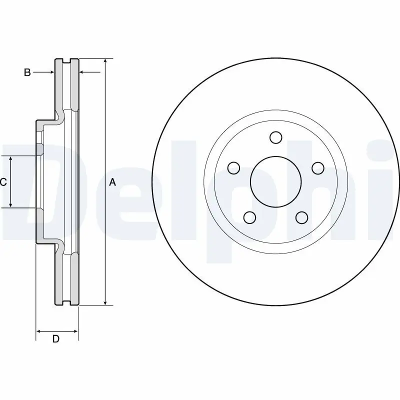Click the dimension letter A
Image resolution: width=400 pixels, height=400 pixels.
[x=112, y=182]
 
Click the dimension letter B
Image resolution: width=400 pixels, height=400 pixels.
[x=27, y=72]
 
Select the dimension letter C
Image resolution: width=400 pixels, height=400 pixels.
[x=3, y=182]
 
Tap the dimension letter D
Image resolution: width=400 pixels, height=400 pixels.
[x=56, y=339]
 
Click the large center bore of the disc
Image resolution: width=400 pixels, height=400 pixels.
[x=275, y=181]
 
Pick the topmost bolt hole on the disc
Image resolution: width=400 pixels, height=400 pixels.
[x=275, y=137]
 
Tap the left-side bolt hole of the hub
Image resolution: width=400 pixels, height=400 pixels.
[x=233, y=167]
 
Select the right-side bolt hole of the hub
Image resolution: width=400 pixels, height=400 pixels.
[x=317, y=167]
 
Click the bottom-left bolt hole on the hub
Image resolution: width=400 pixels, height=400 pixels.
[x=249, y=217]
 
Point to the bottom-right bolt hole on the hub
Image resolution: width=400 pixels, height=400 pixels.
[x=301, y=217]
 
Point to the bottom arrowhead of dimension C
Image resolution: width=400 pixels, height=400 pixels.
[x=11, y=204]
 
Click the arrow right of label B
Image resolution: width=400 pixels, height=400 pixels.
[x=51, y=72]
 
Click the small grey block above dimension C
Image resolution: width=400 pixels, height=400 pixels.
[x=39, y=149]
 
